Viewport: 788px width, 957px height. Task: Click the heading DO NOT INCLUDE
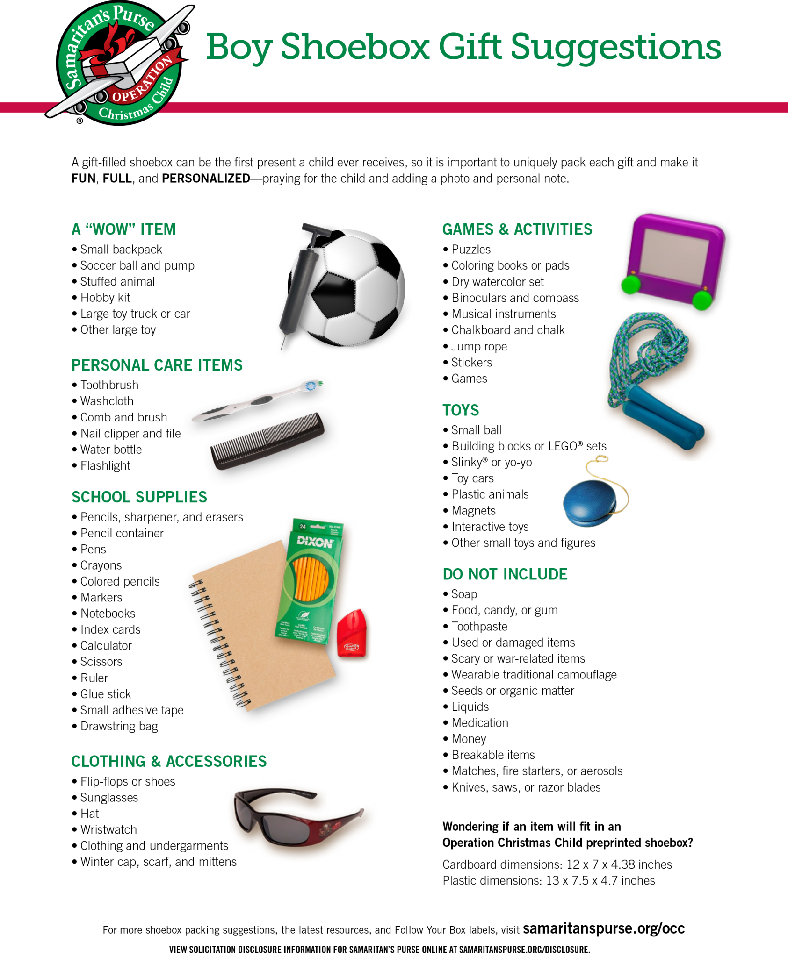click(505, 574)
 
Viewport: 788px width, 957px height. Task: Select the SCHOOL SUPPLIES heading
click(139, 497)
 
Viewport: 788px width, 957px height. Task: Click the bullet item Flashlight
click(105, 465)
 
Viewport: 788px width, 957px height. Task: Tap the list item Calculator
click(106, 645)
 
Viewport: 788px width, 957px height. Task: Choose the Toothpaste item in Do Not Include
click(479, 626)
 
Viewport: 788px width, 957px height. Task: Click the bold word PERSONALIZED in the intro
click(206, 179)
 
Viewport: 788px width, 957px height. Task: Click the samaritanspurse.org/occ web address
click(603, 928)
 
